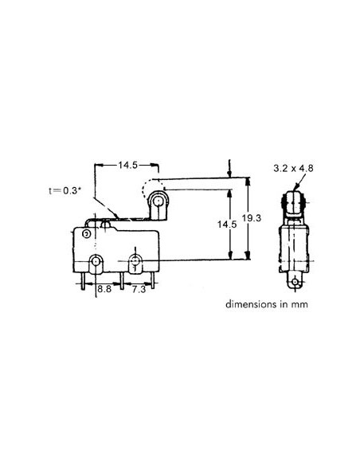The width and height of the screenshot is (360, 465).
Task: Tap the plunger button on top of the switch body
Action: tap(105, 225)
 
